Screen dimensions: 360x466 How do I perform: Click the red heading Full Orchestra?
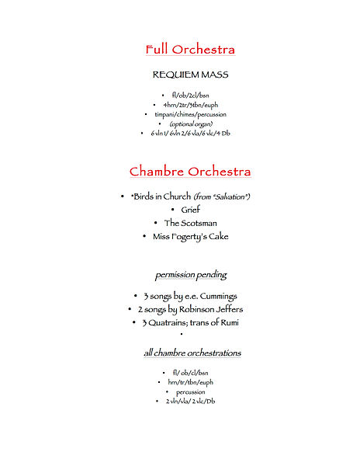coord(190,50)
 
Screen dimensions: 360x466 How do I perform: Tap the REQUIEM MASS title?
coord(190,75)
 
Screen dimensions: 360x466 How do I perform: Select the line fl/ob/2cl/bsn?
coord(190,95)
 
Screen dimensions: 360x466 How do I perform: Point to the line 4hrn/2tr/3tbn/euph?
coord(190,105)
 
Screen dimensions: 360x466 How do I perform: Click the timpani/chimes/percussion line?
coord(190,114)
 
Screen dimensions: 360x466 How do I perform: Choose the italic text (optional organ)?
coord(191,123)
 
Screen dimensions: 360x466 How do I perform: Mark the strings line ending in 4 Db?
coord(190,134)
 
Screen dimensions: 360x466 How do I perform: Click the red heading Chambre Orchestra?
coord(190,171)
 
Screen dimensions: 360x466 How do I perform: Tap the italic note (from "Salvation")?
coord(222,196)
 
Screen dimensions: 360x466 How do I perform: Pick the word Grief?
coord(191,210)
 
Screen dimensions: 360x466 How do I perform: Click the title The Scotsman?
coord(190,223)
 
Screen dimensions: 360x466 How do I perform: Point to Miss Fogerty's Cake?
coord(190,236)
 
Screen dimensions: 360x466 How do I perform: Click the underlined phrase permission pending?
coord(190,275)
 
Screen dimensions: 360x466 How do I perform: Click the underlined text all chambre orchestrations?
coord(192,353)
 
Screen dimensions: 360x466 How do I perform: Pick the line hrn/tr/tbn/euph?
coord(190,382)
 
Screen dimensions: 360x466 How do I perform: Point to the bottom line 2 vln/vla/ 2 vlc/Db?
coord(190,401)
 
